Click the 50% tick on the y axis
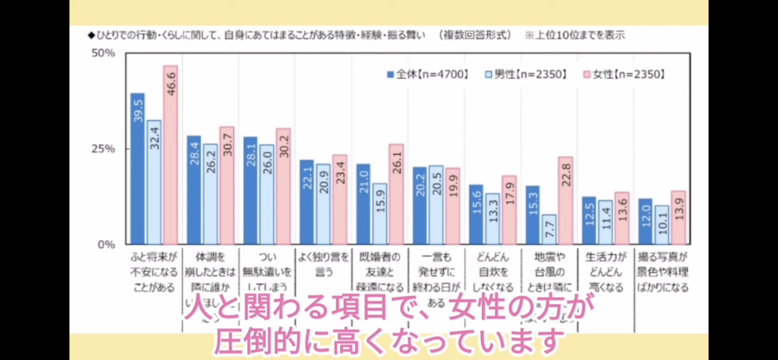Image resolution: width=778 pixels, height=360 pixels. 102,53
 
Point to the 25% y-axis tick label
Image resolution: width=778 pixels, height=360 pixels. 102,149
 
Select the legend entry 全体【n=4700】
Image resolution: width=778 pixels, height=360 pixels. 427,74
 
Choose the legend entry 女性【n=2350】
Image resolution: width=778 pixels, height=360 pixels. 624,74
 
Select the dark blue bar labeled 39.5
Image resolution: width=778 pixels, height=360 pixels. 137,169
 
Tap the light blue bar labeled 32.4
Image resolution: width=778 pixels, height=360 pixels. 154,182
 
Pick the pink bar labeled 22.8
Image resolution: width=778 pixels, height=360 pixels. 565,200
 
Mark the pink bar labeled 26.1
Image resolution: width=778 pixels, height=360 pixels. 395,194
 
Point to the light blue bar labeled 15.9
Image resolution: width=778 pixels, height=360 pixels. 379,213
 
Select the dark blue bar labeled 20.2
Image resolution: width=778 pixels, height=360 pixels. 419,206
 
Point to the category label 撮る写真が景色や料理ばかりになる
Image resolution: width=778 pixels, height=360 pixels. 662,271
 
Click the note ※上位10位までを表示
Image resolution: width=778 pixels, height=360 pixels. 574,34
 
